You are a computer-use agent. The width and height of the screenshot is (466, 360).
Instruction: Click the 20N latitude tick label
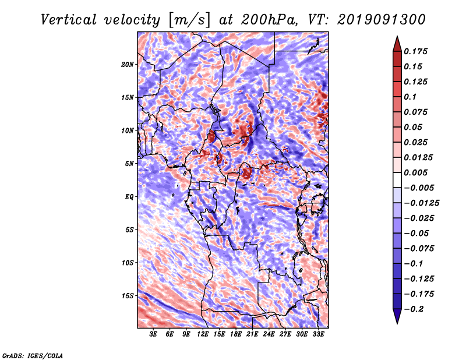[128, 65]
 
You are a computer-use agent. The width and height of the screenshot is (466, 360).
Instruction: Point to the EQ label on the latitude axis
[129, 197]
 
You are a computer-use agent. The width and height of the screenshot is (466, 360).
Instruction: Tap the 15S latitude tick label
[128, 296]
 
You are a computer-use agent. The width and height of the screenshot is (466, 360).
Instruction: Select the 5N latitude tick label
[129, 164]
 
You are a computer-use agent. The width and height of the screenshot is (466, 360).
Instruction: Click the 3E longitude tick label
[153, 334]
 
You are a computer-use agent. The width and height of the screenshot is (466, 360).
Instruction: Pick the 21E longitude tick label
[252, 334]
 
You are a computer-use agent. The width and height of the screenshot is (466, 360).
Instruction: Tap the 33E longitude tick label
[318, 334]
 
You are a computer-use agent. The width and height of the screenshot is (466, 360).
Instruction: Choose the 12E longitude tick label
[203, 334]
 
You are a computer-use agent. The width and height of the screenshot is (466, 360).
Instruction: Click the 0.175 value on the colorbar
[415, 51]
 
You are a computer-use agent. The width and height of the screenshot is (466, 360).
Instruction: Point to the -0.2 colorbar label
[414, 309]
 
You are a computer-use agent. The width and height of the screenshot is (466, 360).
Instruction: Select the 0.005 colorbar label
[415, 172]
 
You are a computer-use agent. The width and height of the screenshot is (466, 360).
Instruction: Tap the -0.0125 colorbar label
[421, 203]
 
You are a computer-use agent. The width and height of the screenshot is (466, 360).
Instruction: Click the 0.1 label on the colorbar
[410, 97]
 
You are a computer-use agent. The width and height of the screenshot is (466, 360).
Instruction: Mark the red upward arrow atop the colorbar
[397, 44]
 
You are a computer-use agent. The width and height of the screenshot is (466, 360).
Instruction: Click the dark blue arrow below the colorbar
[397, 316]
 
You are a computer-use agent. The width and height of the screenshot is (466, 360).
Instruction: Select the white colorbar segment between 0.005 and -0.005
[397, 180]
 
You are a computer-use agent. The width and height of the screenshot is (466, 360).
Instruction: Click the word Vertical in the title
[69, 20]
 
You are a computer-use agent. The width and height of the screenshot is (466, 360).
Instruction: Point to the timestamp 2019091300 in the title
[382, 20]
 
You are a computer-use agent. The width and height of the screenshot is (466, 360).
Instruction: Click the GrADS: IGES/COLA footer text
[33, 355]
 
